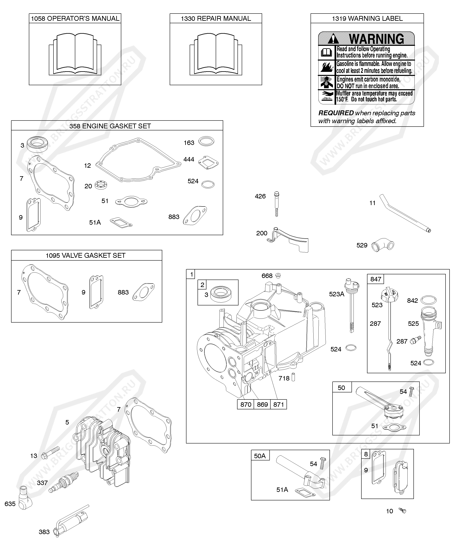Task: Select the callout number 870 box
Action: (x=246, y=404)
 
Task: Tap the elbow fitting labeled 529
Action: (x=383, y=245)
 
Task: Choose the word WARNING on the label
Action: (x=376, y=39)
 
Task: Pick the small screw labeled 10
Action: (x=403, y=511)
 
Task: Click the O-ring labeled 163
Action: (x=206, y=142)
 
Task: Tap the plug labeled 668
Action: (x=278, y=275)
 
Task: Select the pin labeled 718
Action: (x=293, y=377)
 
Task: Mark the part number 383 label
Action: (x=44, y=532)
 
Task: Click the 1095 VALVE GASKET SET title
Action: (x=85, y=255)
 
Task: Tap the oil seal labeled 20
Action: (x=101, y=185)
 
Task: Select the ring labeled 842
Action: (x=428, y=300)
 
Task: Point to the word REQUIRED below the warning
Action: (x=336, y=113)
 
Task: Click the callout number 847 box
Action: (x=375, y=279)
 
